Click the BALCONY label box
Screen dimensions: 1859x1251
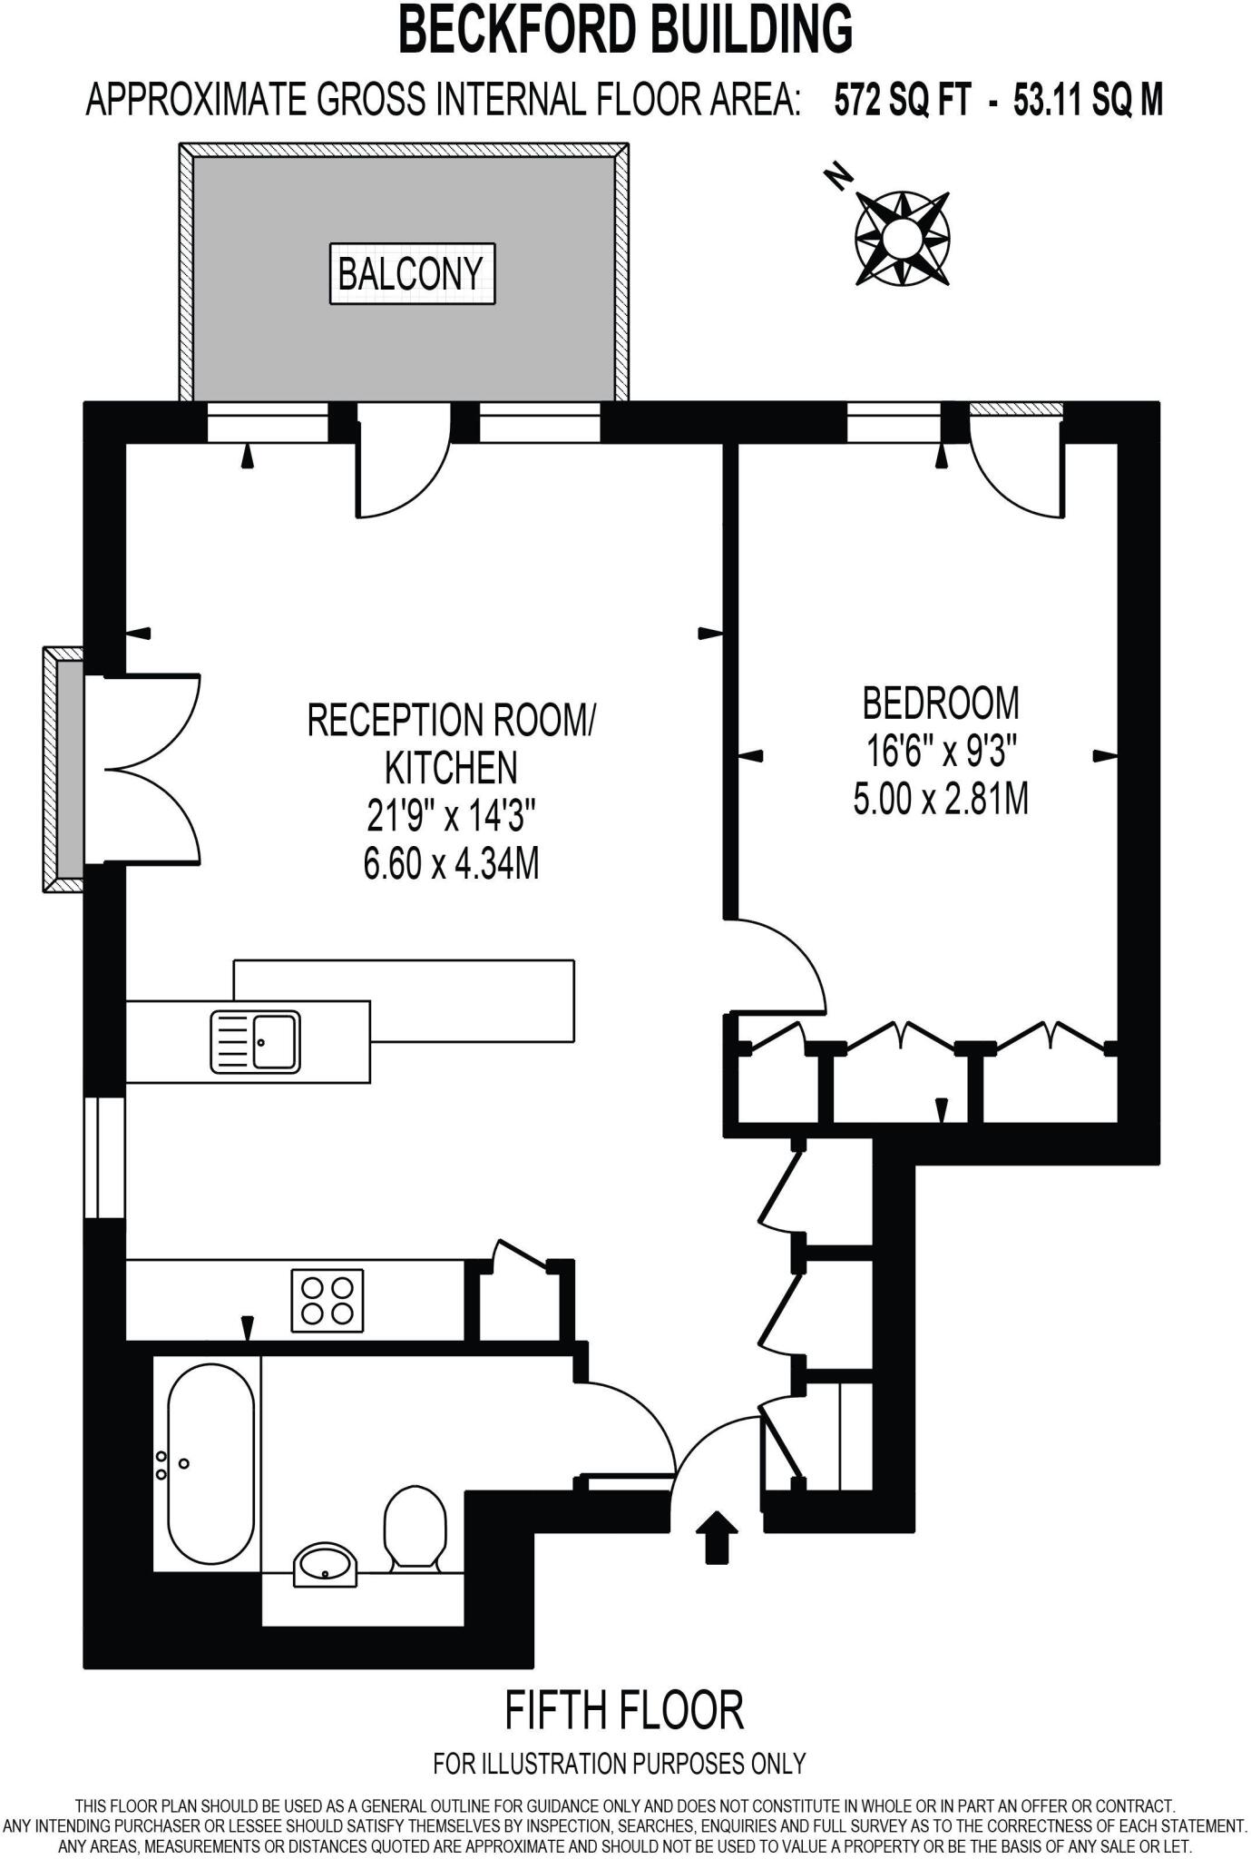[x=412, y=273]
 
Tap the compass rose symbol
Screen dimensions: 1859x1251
[x=902, y=239]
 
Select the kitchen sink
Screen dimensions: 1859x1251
[x=255, y=1041]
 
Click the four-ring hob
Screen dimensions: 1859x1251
[x=327, y=1301]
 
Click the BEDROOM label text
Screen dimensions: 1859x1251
[x=941, y=703]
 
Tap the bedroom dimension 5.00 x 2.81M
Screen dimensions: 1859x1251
[x=941, y=800]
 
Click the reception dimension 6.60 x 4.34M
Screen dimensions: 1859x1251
[x=451, y=864]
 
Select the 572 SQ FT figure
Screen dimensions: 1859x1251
[x=902, y=100]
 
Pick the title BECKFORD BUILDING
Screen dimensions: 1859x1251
[x=626, y=29]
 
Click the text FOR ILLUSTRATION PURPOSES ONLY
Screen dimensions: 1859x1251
[x=620, y=1764]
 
